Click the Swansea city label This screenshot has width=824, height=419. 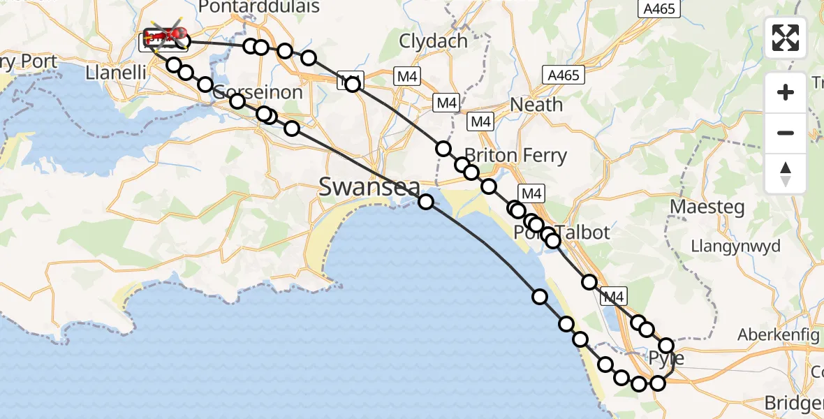369,186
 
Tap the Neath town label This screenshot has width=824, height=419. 536,105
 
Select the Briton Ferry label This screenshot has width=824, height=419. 515,155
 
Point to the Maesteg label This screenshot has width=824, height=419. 707,207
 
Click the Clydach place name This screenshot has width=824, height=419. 433,41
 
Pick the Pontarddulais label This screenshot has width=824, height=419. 259,8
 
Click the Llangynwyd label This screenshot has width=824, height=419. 735,246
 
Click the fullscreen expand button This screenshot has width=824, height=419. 786,38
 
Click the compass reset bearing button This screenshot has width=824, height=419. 786,174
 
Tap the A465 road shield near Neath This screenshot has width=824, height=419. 564,75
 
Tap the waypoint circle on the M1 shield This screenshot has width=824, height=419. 353,84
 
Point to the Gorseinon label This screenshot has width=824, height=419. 258,93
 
